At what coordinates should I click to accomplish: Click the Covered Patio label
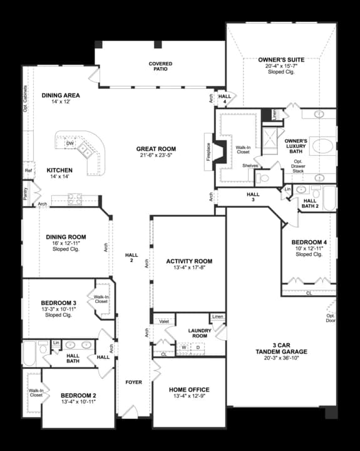pos(160,67)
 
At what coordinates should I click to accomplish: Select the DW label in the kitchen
pos(71,143)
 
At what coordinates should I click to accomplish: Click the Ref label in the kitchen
pos(29,170)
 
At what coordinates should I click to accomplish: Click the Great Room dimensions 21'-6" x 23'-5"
pos(156,155)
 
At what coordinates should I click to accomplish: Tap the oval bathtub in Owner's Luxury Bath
pos(324,148)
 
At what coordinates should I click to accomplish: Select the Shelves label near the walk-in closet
pos(251,165)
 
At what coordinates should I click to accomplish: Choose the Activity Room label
pos(189,261)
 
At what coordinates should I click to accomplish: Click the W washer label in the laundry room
pos(185,346)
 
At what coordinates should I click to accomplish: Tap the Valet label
pos(165,321)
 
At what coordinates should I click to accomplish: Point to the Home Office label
pos(189,390)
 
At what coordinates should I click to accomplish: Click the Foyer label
pos(134,382)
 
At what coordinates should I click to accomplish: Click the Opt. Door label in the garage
pos(330,318)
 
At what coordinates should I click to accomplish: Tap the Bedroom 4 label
pos(309,242)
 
